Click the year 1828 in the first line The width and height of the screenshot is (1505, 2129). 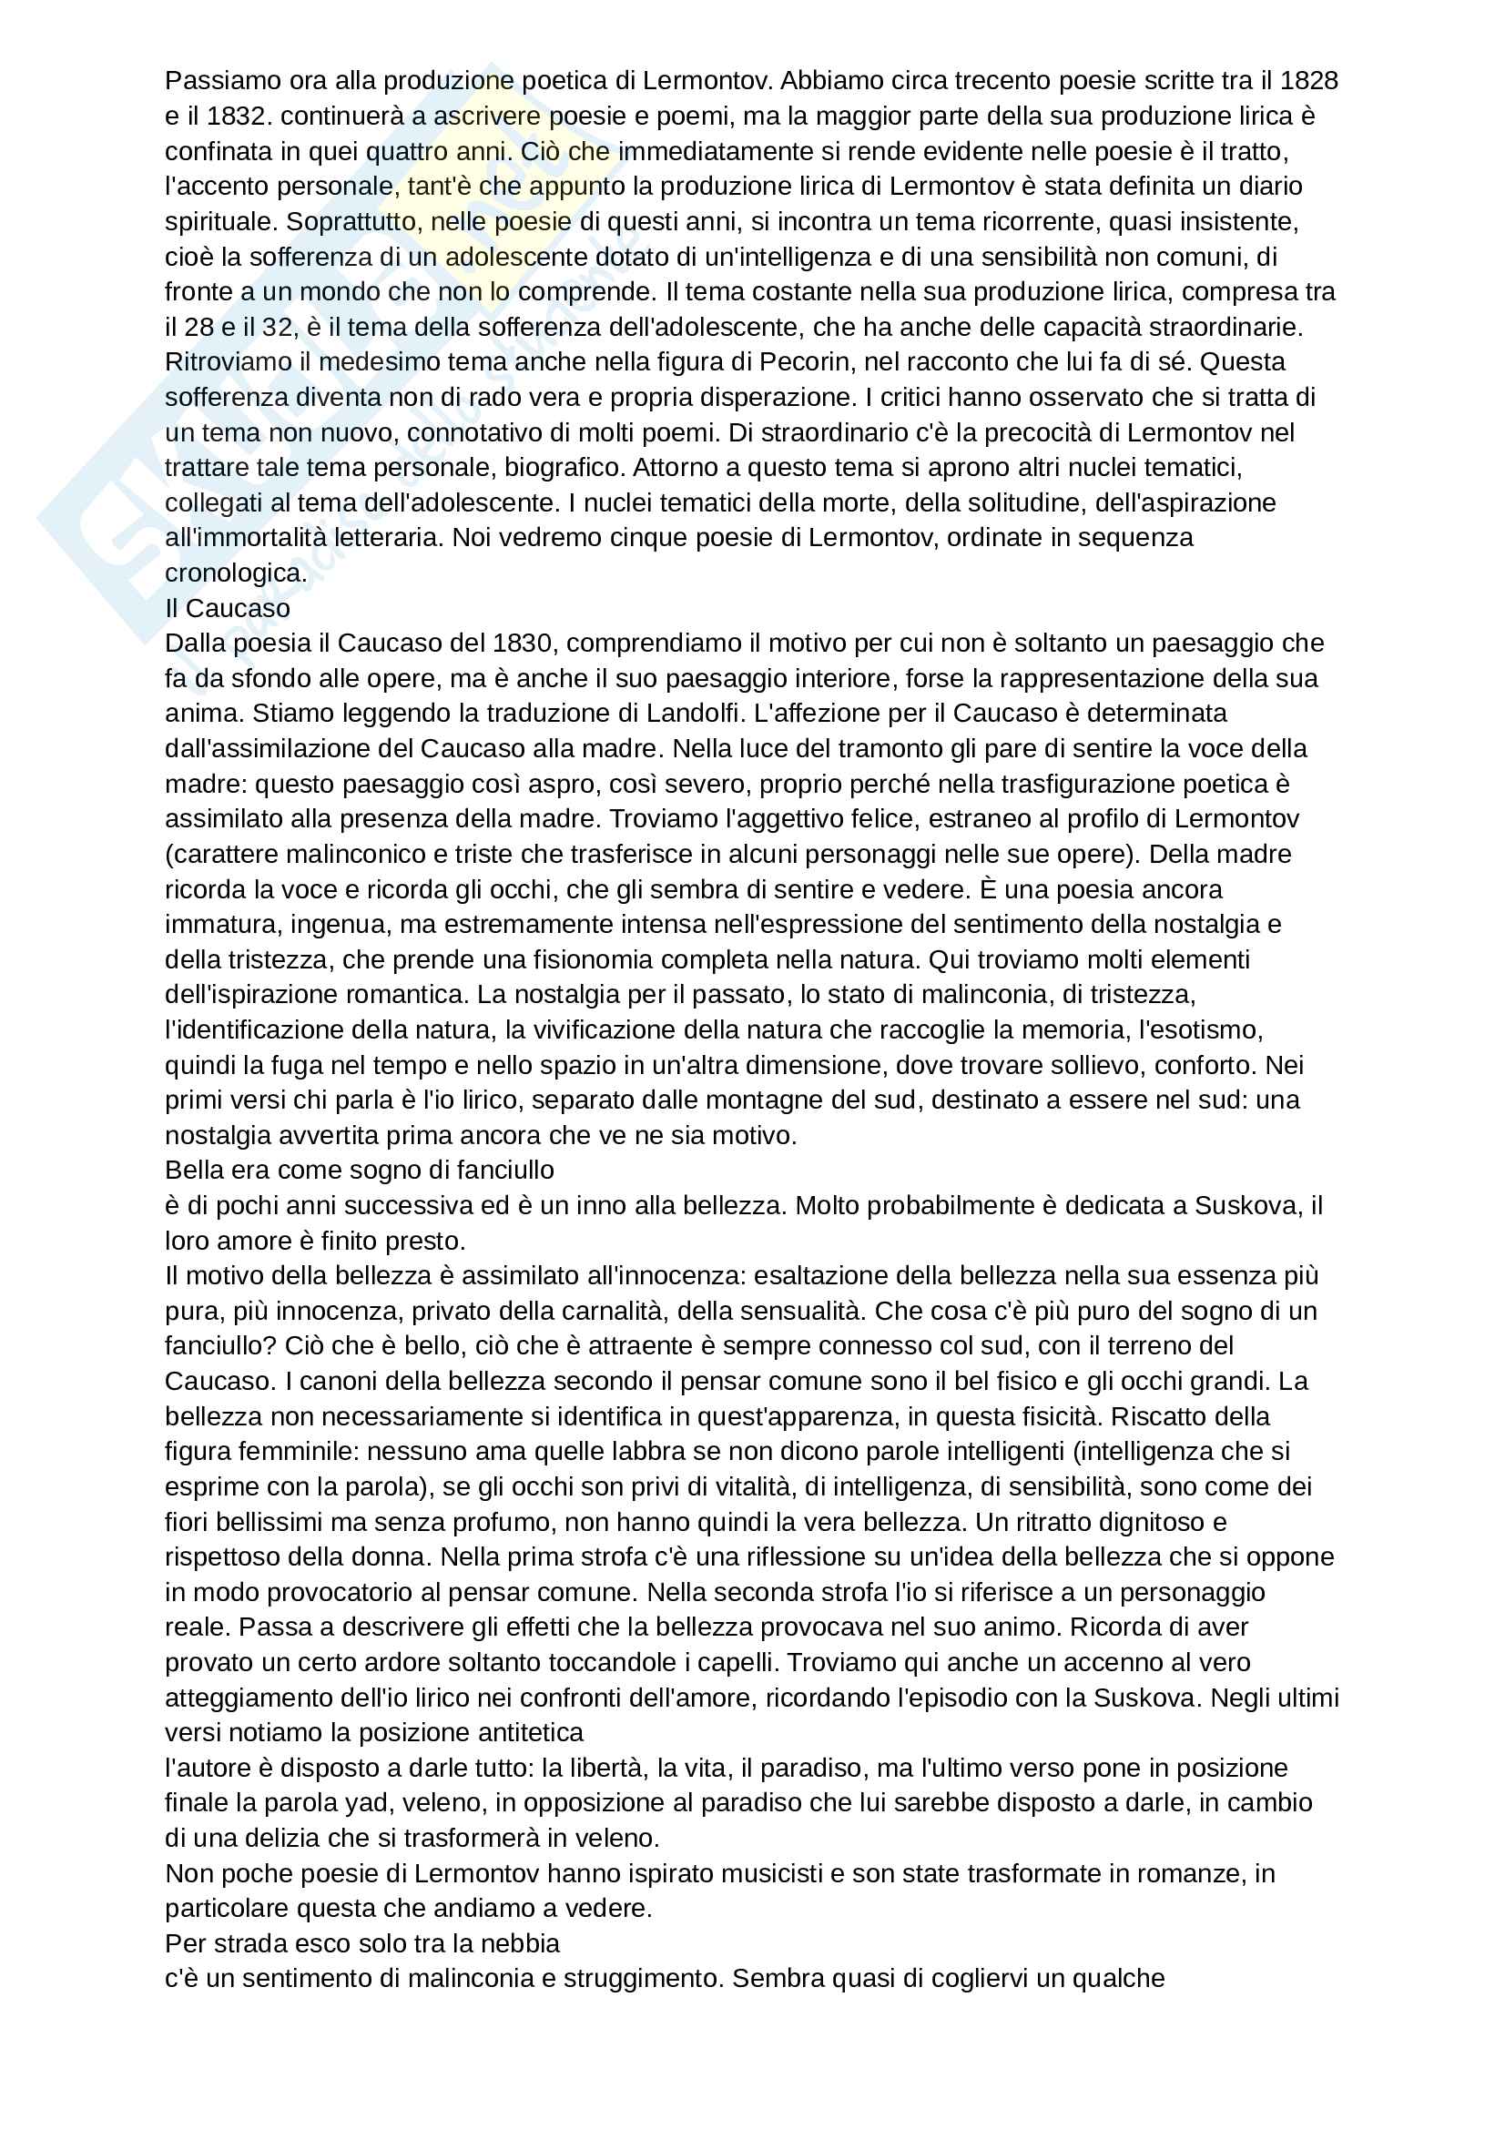click(x=1308, y=81)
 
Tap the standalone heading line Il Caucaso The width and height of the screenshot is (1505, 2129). click(x=228, y=608)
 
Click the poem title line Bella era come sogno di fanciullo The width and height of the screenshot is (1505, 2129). click(x=359, y=1171)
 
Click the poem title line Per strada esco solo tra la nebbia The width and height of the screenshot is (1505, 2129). click(x=361, y=1943)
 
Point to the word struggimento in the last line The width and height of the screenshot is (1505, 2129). click(x=634, y=1979)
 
